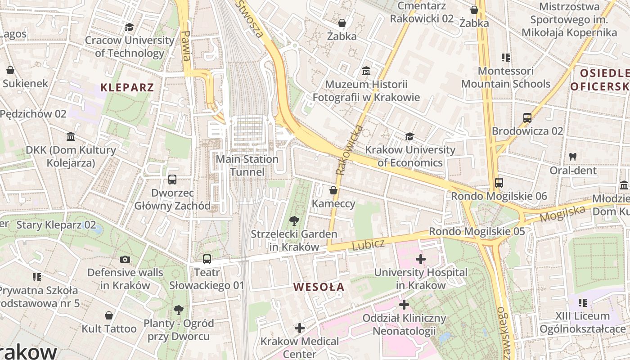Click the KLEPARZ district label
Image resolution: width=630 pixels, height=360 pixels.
(x=127, y=87)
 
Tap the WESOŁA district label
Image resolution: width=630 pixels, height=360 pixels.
(x=319, y=287)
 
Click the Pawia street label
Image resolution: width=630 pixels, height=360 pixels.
(x=185, y=45)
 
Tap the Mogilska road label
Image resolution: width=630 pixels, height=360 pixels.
(x=562, y=213)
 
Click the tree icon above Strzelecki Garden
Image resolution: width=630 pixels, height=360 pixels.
(x=294, y=220)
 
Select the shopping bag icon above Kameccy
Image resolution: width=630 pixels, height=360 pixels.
(x=333, y=190)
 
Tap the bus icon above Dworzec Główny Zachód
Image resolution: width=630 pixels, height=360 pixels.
(x=172, y=180)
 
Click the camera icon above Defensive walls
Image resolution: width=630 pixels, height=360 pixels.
(x=125, y=259)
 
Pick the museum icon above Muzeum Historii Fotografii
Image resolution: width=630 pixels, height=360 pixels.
(x=366, y=71)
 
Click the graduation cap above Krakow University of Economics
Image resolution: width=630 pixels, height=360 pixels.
(x=409, y=136)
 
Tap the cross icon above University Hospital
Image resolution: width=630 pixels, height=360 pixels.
(x=420, y=259)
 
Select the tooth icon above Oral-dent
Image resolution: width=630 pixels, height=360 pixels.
(x=573, y=157)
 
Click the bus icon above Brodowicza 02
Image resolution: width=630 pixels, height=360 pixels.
(x=527, y=118)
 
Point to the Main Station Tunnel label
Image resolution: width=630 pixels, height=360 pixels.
(x=247, y=166)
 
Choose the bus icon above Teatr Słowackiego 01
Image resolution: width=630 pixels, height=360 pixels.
(x=207, y=259)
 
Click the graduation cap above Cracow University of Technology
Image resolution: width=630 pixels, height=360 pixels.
(x=130, y=27)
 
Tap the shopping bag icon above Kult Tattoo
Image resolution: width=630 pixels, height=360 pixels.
(x=108, y=315)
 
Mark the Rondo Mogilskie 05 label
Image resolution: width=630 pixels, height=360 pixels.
(x=477, y=231)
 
